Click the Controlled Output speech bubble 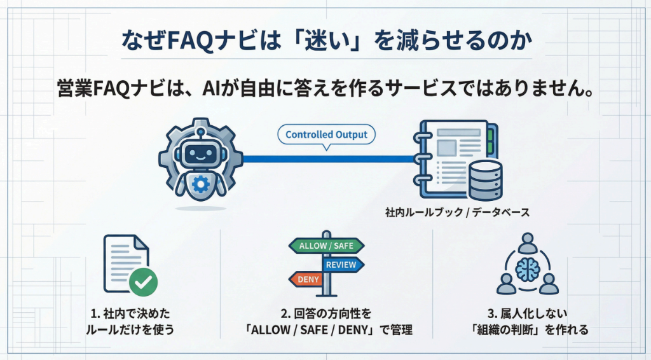tap(327, 135)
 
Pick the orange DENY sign tap(308, 279)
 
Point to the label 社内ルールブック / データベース tap(457, 212)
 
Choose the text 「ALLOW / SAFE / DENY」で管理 tap(325, 330)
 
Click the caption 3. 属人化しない tap(527, 314)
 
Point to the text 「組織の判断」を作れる tap(527, 330)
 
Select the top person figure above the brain tap(528, 242)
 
